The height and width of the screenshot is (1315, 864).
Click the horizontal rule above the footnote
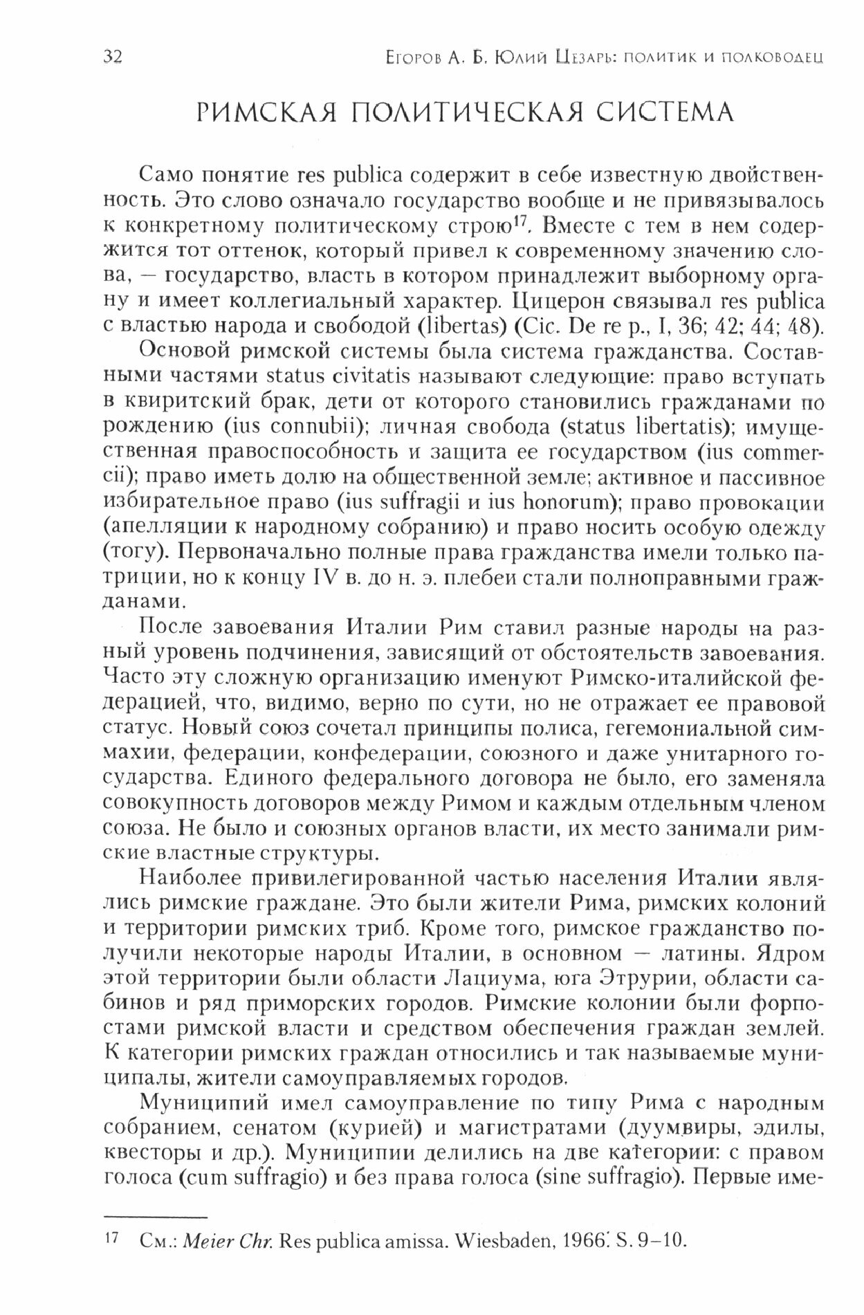(155, 1216)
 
